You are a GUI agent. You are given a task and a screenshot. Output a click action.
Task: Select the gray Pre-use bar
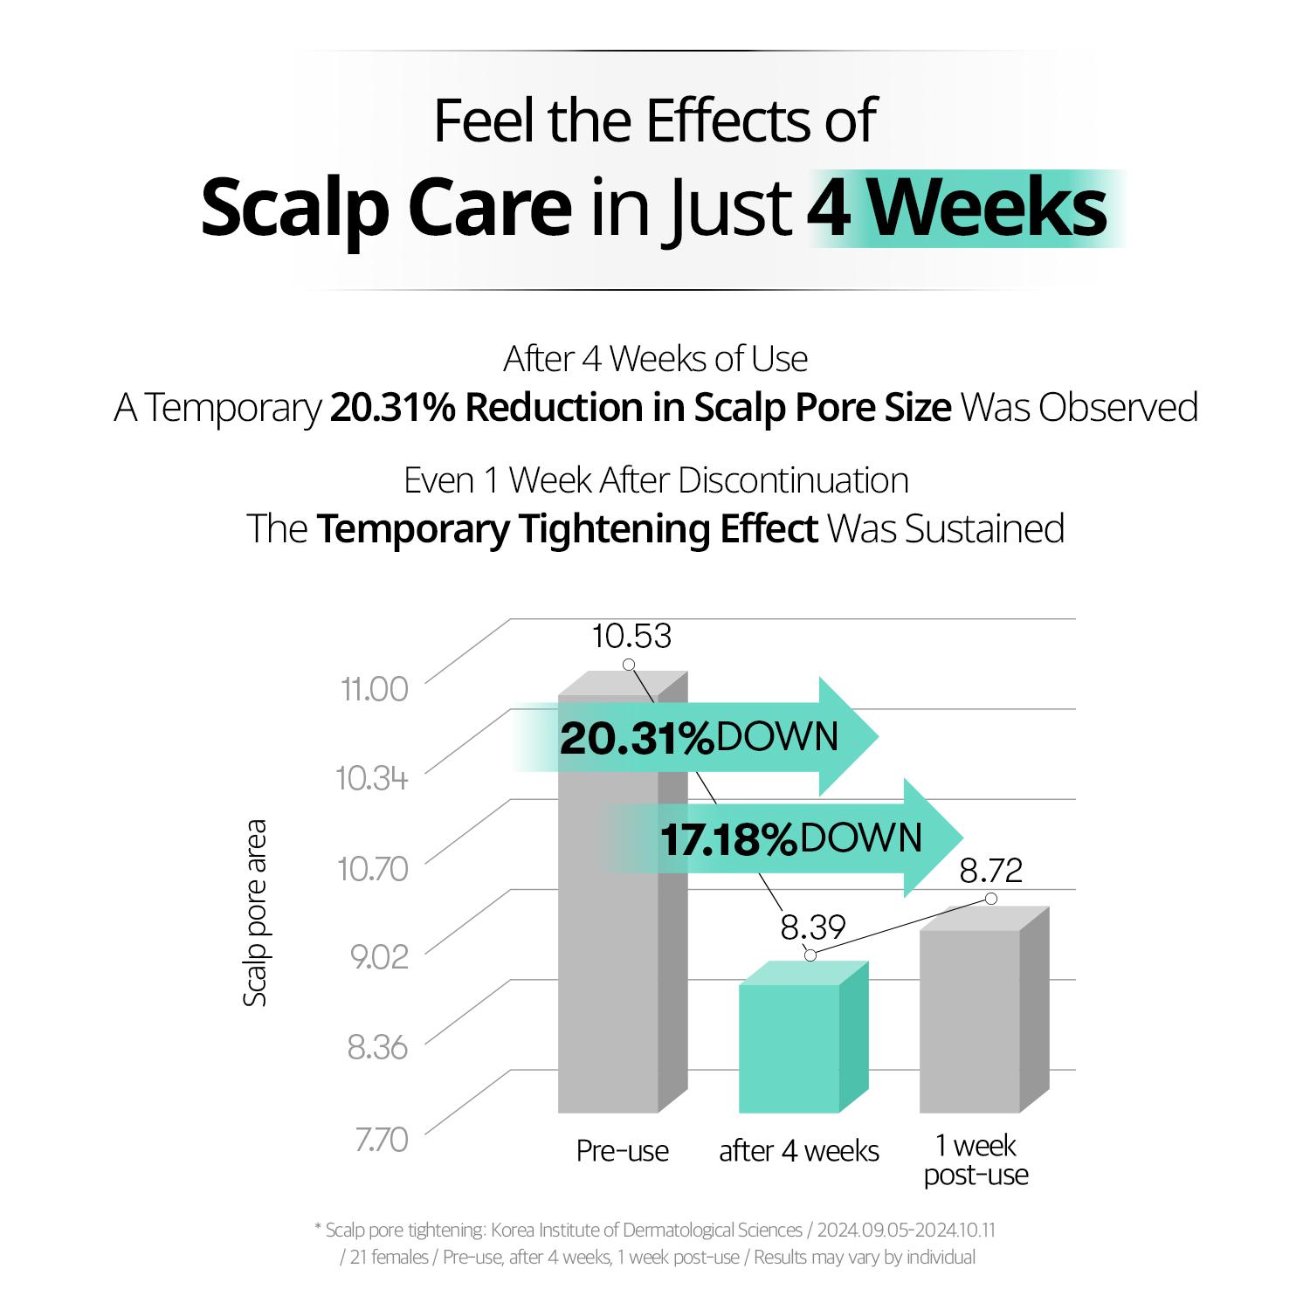point(608,961)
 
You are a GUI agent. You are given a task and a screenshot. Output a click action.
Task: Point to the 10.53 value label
point(631,637)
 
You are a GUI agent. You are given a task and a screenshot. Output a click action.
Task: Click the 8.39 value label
point(813,927)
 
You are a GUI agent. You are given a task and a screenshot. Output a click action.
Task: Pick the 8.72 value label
point(990,871)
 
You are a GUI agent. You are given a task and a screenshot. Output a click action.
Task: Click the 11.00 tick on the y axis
point(375,689)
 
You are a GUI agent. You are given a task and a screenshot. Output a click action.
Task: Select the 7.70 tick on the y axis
point(381,1140)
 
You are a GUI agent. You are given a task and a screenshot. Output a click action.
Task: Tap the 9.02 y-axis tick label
point(379,957)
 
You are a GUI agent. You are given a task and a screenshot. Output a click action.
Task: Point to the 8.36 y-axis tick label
point(377,1047)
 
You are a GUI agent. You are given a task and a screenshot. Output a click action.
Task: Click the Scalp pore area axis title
point(254,913)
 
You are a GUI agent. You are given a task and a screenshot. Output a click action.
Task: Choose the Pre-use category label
point(622,1151)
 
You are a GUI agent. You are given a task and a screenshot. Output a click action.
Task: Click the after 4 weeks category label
point(798,1151)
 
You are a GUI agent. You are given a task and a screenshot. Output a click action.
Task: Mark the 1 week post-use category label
point(976,1160)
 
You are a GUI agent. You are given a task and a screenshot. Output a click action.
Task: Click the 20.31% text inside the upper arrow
point(637,739)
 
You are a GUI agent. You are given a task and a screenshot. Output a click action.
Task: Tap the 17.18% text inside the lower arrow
point(728,840)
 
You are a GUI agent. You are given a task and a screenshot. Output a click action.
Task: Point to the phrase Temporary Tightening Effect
point(567,529)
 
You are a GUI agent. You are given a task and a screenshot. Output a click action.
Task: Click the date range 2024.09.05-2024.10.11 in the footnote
point(906,1231)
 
